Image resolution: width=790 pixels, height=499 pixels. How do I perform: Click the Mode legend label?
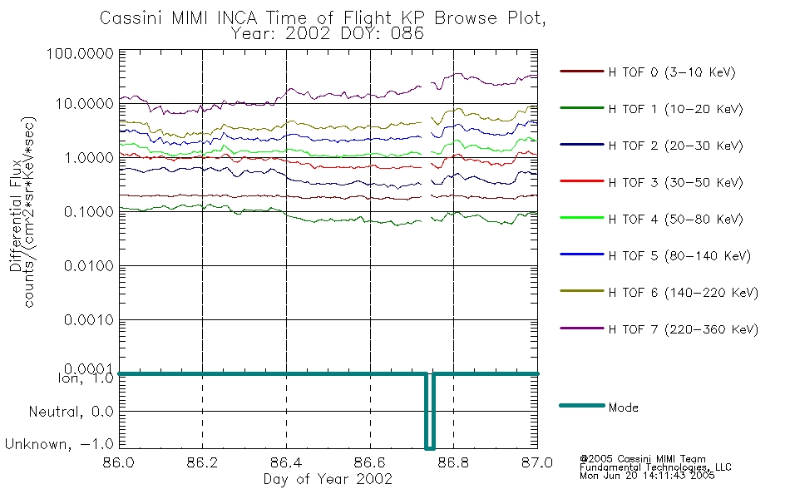pos(623,408)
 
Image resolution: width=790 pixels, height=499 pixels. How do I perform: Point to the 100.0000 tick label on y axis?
pos(80,53)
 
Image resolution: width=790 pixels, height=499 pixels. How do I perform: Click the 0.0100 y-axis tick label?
pos(89,265)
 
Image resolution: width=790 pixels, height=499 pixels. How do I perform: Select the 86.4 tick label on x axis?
pos(286,462)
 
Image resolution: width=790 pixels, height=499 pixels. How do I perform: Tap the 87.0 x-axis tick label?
pos(537,462)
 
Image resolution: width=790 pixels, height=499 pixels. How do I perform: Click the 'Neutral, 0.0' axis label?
pos(71,413)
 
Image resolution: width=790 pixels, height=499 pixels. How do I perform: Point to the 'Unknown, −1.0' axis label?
pos(59,445)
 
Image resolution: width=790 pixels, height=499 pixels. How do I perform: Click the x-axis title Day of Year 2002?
pos(328,479)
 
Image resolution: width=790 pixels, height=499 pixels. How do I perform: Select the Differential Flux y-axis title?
pos(15,215)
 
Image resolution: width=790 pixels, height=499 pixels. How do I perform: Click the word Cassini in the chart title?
pos(131,18)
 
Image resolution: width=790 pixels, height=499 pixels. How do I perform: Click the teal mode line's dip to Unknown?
pos(430,447)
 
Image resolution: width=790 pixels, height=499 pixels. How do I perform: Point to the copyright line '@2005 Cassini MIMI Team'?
pos(642,459)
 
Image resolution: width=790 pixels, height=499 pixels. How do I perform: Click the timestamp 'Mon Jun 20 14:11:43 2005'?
pos(647,476)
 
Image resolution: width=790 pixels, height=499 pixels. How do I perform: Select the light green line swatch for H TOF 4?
pos(582,218)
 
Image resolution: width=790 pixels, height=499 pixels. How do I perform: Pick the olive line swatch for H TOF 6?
pos(582,291)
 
